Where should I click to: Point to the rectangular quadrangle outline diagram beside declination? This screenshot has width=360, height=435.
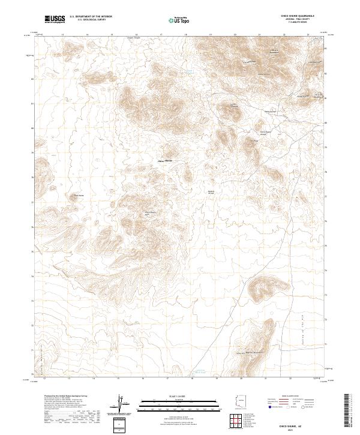pyautogui.click(x=120, y=425)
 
